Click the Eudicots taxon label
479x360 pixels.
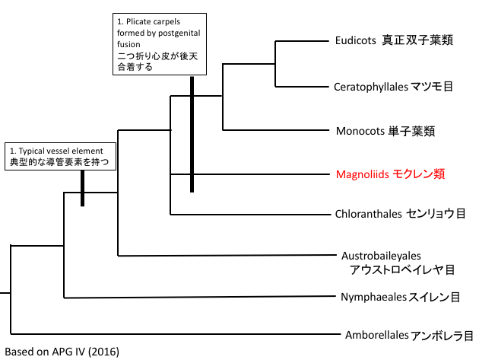(394, 40)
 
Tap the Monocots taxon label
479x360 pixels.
(385, 130)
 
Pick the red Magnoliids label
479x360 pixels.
(390, 174)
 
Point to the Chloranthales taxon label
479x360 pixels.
(400, 214)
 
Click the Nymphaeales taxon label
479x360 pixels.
(398, 296)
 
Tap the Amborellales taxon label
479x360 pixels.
(409, 335)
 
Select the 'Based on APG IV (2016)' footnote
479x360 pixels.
(62, 352)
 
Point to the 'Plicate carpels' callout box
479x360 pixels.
(154, 43)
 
